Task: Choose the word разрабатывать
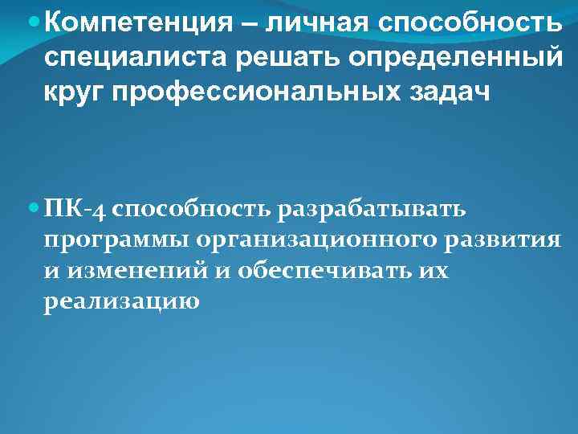[x=372, y=210]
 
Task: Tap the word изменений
[x=138, y=271]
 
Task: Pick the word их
[x=433, y=271]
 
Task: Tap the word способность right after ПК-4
[x=193, y=210]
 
